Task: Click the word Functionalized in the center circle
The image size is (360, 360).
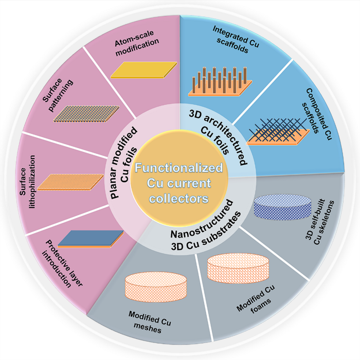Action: click(179, 168)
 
